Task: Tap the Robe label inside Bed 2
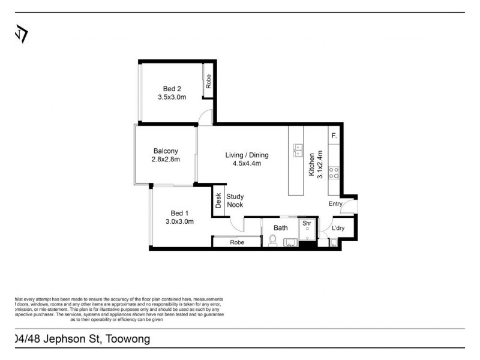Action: (209, 81)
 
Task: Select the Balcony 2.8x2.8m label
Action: (166, 155)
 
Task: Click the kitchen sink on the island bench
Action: (298, 150)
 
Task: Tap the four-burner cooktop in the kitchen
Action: (334, 173)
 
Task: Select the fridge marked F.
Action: (334, 136)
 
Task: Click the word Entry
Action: (335, 204)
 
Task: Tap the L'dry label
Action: (338, 228)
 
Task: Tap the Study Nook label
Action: (235, 200)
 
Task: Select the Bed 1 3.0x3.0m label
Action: (179, 217)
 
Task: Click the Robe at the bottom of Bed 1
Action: (236, 242)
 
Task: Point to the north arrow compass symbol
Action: (21, 34)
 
